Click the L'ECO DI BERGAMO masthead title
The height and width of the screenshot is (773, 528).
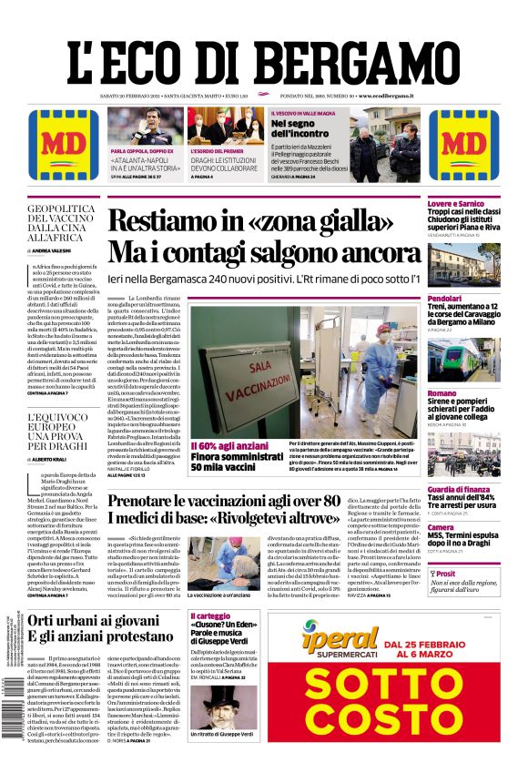tap(263, 54)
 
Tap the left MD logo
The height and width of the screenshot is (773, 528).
tap(64, 145)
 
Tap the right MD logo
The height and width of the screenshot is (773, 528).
tap(463, 145)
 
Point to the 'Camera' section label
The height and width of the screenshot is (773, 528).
tap(441, 527)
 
